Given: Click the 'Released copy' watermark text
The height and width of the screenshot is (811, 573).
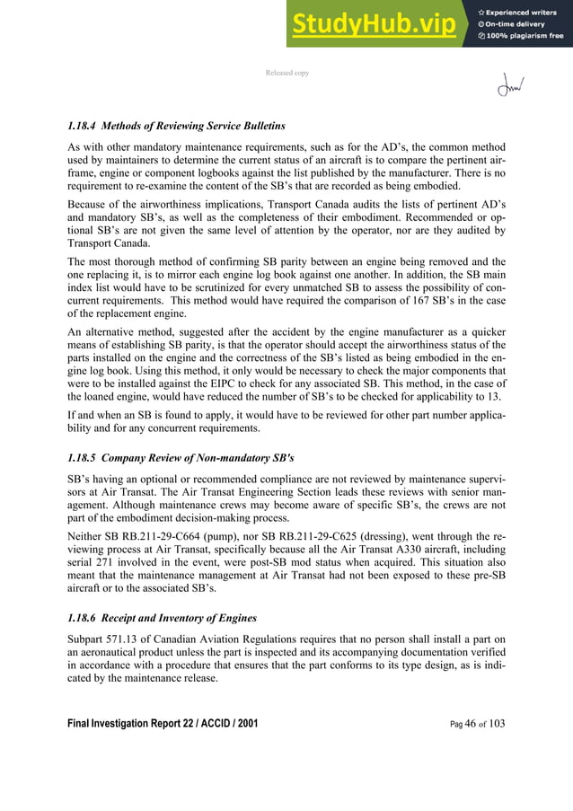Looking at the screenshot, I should click(286, 73).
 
